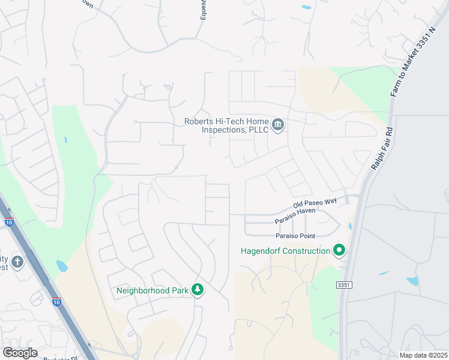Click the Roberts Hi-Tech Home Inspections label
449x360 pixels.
[226, 125]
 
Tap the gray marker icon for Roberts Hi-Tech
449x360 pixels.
[277, 125]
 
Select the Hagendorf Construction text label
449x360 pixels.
[285, 250]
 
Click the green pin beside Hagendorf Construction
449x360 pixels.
[339, 250]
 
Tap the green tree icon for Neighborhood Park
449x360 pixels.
[197, 290]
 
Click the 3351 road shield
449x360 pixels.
[344, 285]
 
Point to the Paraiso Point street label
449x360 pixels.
[295, 236]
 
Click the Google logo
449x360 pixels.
[20, 353]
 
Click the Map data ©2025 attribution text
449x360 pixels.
[423, 355]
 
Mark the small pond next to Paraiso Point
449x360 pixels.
[349, 227]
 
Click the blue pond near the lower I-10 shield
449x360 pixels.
[62, 265]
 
